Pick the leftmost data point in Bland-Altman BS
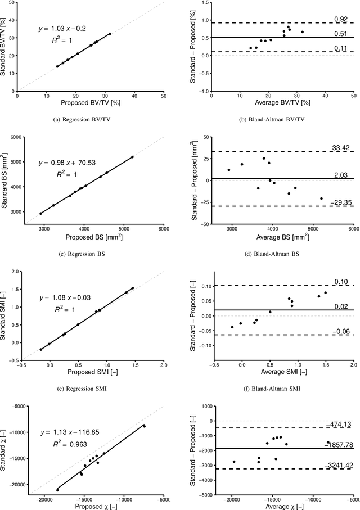tap(229, 170)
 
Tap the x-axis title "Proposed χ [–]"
tap(91, 506)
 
